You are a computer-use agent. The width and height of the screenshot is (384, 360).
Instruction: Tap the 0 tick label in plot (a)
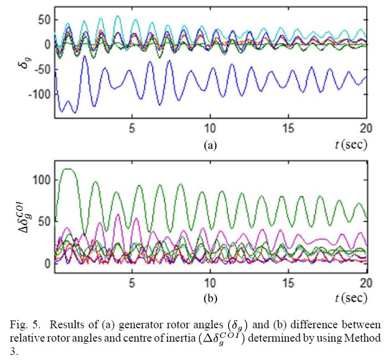click(47, 45)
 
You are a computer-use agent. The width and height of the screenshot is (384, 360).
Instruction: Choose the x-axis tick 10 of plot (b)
click(210, 281)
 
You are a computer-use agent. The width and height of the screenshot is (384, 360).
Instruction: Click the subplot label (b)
click(210, 299)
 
